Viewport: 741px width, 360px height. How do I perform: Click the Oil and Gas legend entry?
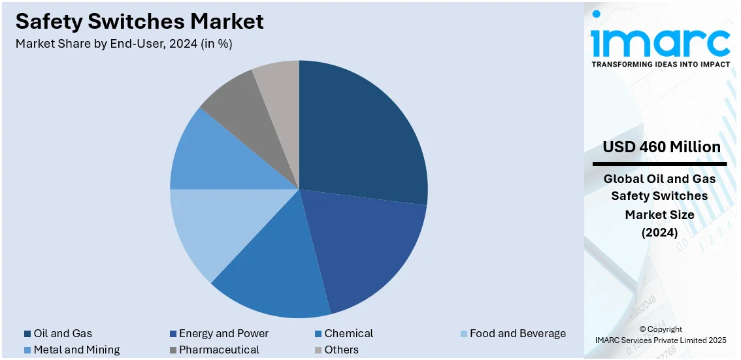pos(63,333)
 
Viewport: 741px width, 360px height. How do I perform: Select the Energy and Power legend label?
pos(223,333)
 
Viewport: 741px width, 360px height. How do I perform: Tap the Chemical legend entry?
pos(348,333)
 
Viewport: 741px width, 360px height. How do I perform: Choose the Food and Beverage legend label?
pos(518,333)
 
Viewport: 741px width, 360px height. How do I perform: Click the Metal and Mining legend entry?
pos(76,350)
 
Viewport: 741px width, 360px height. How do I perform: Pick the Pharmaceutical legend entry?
pos(219,350)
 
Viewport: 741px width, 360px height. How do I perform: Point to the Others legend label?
pos(341,350)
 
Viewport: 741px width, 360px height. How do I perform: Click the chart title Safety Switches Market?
pos(140,22)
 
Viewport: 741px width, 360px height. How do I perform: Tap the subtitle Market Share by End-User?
pos(124,44)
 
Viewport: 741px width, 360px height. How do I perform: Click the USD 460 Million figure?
pos(661,147)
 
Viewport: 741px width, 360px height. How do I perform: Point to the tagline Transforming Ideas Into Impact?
pos(660,65)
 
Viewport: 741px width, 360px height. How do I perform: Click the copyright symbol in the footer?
pos(642,329)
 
